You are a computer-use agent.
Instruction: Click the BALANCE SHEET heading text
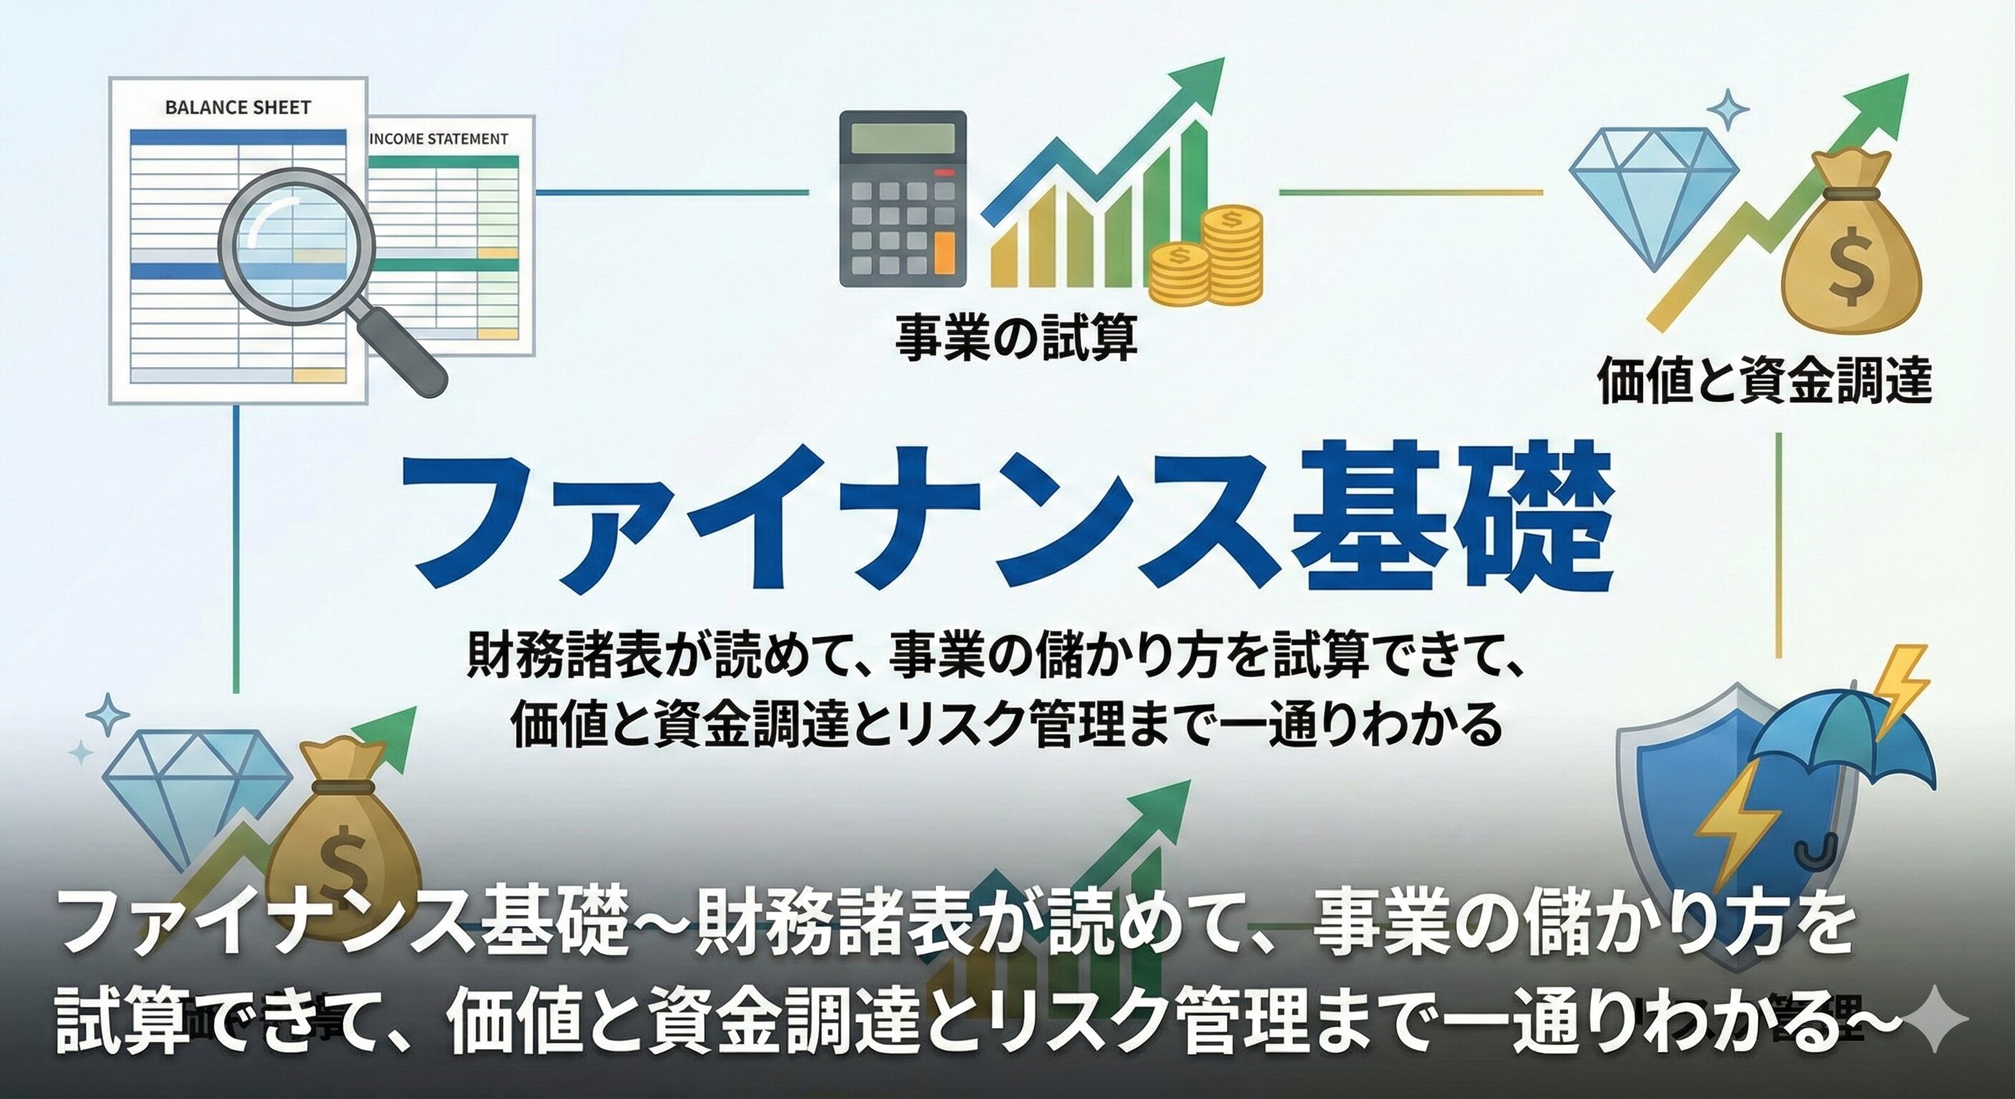238,108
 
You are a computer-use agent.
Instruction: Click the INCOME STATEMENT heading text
438,140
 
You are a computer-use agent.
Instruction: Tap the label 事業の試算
1015,338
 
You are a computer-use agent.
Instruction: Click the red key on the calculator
945,172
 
